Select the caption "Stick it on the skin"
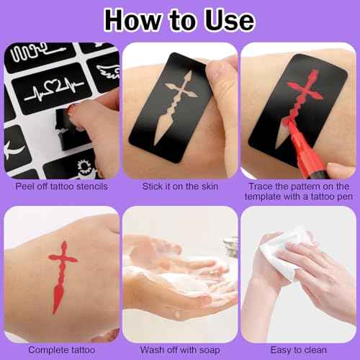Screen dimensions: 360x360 pos(180,186)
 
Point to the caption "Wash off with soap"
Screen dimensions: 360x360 pos(180,348)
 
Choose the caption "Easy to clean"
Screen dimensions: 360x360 pos(299,348)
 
